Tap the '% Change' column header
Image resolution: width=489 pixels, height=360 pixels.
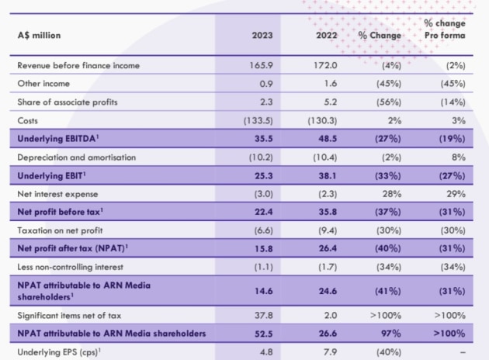[380, 35]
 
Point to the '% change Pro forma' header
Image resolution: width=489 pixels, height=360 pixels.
[445, 29]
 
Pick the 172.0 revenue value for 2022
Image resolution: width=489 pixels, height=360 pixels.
[325, 66]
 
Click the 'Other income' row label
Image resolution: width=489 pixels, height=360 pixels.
[43, 83]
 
